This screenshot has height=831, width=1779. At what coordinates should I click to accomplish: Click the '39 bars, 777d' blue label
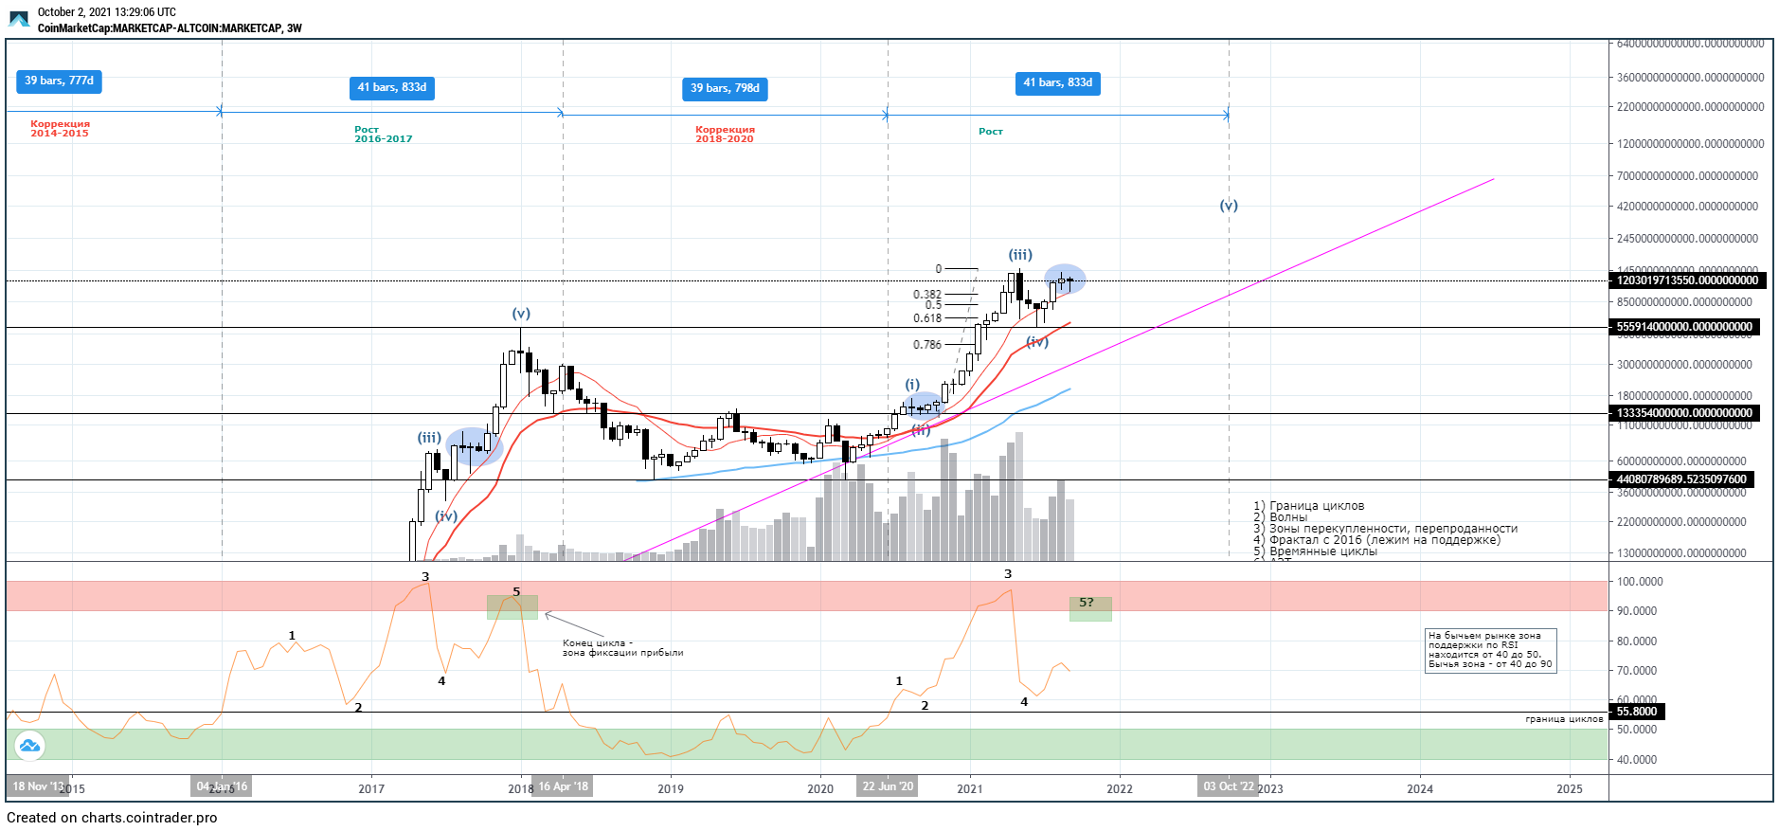(59, 81)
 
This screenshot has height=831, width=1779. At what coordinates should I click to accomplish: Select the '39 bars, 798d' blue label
(725, 88)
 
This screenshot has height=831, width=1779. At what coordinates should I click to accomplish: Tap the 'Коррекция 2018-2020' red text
(725, 134)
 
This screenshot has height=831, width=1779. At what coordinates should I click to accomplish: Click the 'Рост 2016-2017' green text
(383, 134)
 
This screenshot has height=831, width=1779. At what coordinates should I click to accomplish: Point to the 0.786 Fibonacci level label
(927, 345)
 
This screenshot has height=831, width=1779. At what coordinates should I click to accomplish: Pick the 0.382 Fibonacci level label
(927, 295)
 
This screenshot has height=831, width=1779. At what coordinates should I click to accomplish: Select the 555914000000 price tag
(1684, 327)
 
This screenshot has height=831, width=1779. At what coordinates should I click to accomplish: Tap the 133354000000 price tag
(1684, 413)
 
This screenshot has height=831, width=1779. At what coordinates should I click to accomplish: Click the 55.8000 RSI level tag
(1637, 712)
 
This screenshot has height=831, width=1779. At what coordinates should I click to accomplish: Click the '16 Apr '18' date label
(563, 786)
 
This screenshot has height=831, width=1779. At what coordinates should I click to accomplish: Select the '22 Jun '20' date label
(888, 786)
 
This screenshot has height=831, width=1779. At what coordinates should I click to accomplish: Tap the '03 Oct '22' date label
(1229, 786)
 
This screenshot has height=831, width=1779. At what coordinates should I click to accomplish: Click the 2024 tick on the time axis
(1419, 788)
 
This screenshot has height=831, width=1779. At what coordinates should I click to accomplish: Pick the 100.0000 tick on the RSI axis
(1640, 582)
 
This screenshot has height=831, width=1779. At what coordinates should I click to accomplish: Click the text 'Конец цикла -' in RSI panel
(598, 642)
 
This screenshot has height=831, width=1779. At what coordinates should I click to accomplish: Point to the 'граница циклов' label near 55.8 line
(1564, 719)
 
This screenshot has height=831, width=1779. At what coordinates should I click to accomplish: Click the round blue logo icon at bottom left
(29, 746)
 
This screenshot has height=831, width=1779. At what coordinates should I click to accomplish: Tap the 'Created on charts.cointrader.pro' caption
(112, 818)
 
